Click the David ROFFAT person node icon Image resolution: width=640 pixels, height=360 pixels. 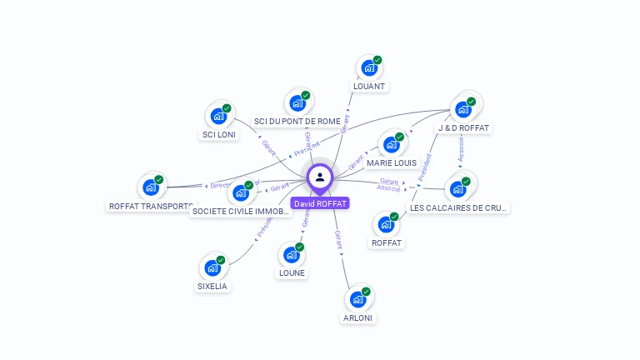point(320,177)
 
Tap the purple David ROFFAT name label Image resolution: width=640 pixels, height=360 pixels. point(320,203)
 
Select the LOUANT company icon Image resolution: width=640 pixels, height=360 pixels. point(367,68)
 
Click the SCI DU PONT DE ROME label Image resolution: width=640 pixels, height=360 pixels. point(297,121)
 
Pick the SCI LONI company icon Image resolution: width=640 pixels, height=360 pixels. point(218,116)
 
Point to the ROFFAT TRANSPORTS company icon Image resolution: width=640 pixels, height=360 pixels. point(151,187)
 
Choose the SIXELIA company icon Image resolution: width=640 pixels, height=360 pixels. point(212,268)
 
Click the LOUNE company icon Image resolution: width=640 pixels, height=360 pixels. point(292,254)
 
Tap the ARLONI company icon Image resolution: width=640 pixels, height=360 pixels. point(358,299)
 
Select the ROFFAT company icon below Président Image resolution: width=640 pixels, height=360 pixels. point(386,224)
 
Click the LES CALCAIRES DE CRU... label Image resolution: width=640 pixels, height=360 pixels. point(458,207)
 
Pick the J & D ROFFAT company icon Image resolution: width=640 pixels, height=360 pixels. point(463,109)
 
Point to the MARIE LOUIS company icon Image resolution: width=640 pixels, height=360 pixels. point(391,144)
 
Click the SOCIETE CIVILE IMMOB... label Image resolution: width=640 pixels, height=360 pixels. point(241,212)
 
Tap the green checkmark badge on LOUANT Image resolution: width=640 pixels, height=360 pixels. point(377,60)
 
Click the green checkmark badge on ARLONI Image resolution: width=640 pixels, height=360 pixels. point(367,291)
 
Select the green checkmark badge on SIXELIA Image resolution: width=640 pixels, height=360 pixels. point(221,260)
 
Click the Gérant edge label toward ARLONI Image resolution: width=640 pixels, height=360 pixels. point(338,240)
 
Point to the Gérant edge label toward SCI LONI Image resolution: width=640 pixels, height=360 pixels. point(268,147)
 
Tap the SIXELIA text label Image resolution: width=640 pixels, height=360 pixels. point(212,286)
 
